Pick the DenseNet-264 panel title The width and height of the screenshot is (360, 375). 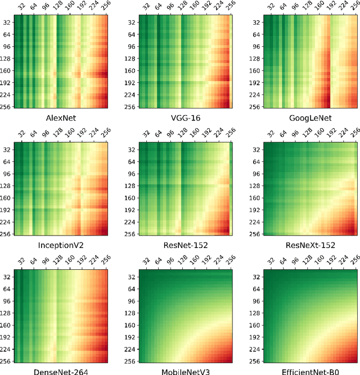point(60,371)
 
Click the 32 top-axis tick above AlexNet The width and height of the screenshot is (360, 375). point(21,7)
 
